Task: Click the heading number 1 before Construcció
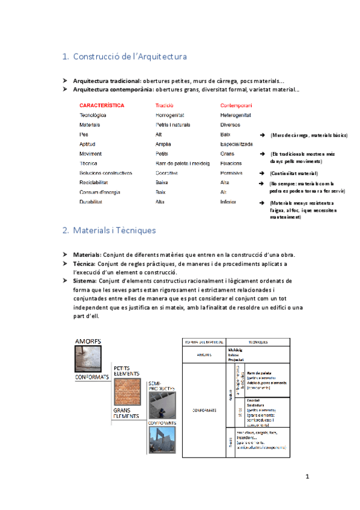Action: pyautogui.click(x=65, y=57)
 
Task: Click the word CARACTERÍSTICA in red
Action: pyautogui.click(x=102, y=105)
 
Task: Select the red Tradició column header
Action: pyautogui.click(x=164, y=105)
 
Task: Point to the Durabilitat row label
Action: pyautogui.click(x=92, y=202)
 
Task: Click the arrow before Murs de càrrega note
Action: pyautogui.click(x=261, y=135)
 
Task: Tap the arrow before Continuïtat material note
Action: pyautogui.click(x=261, y=173)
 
